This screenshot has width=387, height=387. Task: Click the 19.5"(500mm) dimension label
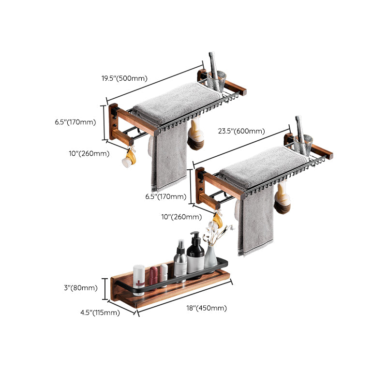coord(125,78)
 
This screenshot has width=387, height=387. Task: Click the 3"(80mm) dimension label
coord(81,288)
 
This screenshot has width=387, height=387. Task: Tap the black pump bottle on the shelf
coord(195,254)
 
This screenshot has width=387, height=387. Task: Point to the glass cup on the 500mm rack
coord(217,80)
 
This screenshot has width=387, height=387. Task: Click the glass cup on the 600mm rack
coord(304,144)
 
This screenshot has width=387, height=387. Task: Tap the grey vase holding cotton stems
coord(211,256)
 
